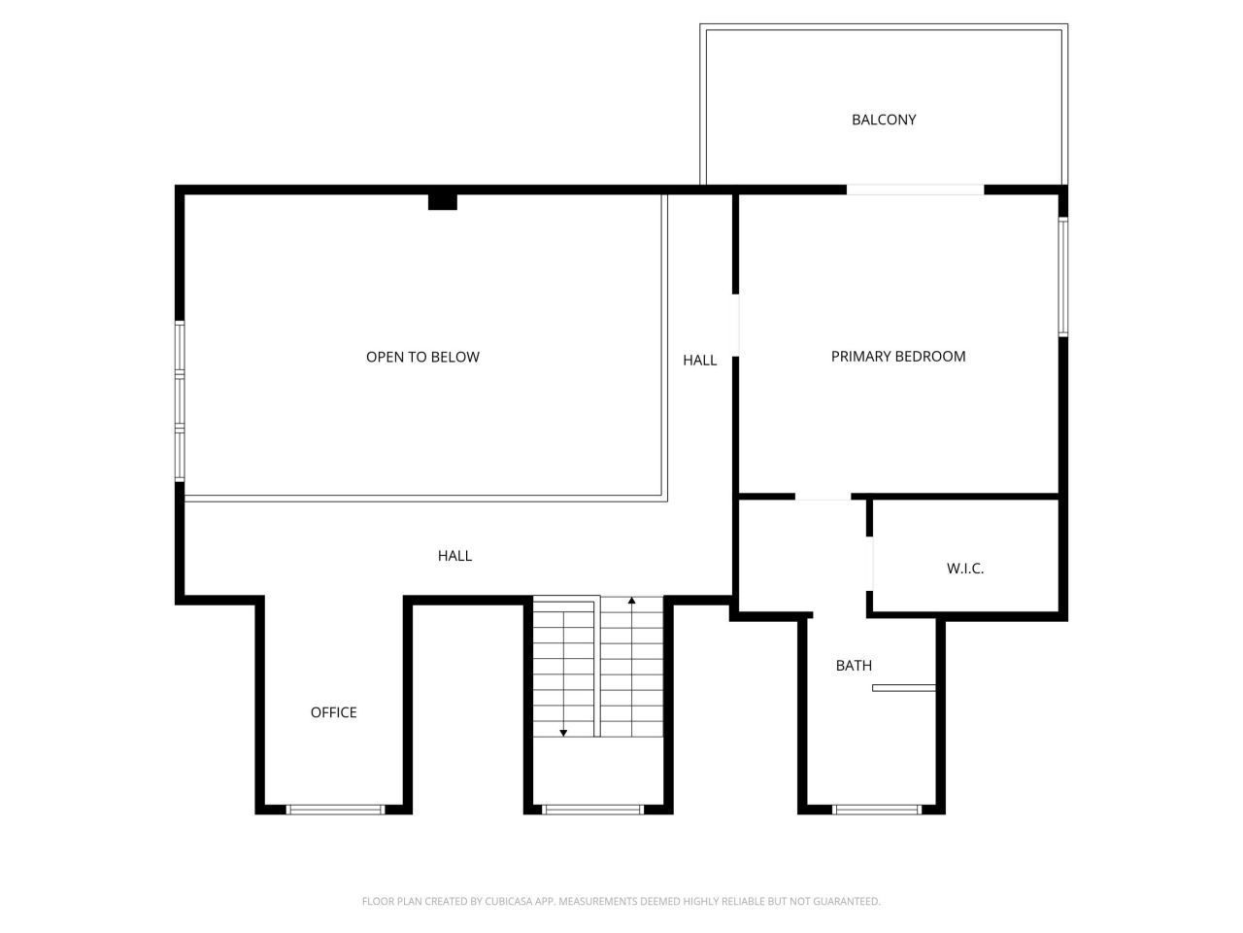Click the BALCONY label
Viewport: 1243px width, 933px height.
click(884, 120)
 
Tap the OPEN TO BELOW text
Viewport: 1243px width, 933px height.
click(422, 357)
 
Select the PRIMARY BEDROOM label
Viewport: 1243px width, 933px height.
click(898, 356)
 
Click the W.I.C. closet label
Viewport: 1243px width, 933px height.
click(965, 568)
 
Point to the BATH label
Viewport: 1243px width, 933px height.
click(854, 666)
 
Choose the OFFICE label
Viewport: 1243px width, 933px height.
click(333, 712)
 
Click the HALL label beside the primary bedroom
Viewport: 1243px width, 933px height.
click(699, 360)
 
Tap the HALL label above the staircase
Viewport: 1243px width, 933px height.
click(454, 556)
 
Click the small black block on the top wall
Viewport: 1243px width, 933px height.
click(443, 201)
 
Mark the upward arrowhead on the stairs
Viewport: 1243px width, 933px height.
click(632, 602)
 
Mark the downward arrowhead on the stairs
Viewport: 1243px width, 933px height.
click(563, 732)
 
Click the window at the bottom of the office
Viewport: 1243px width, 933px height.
click(336, 809)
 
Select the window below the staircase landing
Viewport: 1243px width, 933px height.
click(592, 809)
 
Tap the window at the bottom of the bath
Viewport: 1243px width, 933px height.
click(877, 809)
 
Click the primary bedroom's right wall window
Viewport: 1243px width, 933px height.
click(1063, 277)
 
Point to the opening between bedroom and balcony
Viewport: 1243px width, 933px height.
click(915, 190)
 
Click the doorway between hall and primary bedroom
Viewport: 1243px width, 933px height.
click(736, 325)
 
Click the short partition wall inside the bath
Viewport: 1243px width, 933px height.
click(903, 688)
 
